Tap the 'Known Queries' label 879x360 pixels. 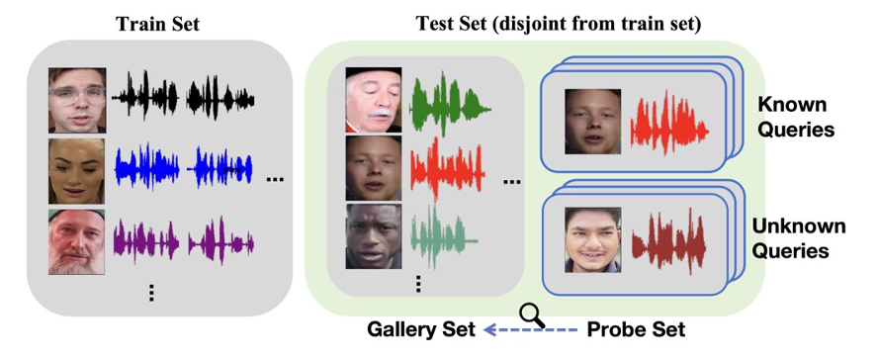pos(797,116)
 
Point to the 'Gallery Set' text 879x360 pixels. pos(416,329)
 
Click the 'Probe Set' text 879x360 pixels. pos(636,329)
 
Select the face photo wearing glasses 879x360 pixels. pos(77,100)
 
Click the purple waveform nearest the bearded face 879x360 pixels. pos(144,241)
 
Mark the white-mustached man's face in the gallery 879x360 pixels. pos(374,101)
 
